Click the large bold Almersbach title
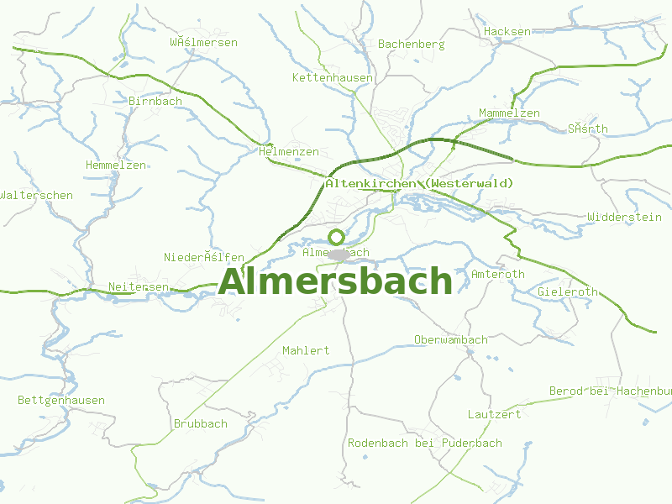click(x=335, y=282)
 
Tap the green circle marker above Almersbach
click(x=336, y=237)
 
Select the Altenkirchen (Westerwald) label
click(x=419, y=183)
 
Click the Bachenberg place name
click(x=411, y=44)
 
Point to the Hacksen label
click(x=507, y=32)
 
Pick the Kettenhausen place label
click(x=333, y=77)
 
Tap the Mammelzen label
click(x=509, y=113)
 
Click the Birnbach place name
click(x=155, y=101)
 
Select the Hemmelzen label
click(x=116, y=165)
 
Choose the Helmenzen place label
click(x=289, y=152)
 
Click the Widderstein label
click(x=625, y=217)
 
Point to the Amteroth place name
click(x=498, y=275)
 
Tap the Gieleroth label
click(x=568, y=292)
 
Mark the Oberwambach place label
click(x=450, y=340)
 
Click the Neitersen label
click(x=139, y=287)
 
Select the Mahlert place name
click(x=306, y=350)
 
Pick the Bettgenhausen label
click(x=61, y=401)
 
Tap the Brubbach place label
click(x=200, y=424)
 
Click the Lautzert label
click(x=494, y=415)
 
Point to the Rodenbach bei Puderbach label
click(x=425, y=443)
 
